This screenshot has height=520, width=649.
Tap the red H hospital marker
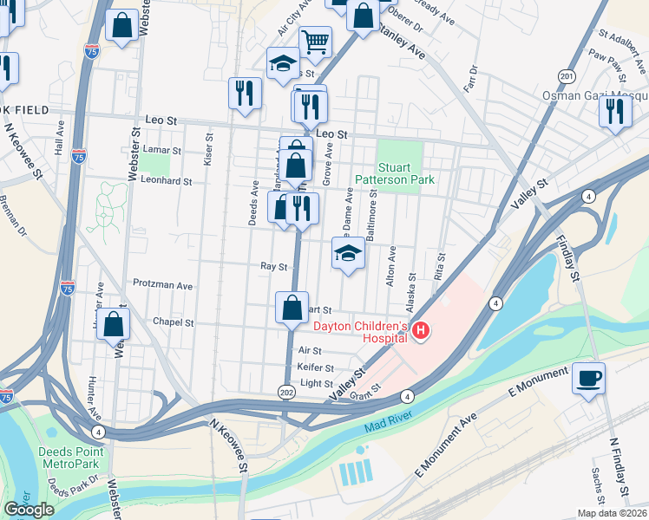(x=421, y=331)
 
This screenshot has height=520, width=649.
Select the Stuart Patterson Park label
(x=405, y=173)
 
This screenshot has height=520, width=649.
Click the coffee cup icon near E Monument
(x=589, y=379)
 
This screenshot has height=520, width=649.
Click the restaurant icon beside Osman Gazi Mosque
(x=615, y=112)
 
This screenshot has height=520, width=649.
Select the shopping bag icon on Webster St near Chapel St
(x=114, y=326)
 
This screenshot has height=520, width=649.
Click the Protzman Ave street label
(x=162, y=284)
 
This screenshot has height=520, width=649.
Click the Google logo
(x=29, y=509)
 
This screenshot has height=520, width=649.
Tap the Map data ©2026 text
(x=612, y=513)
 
